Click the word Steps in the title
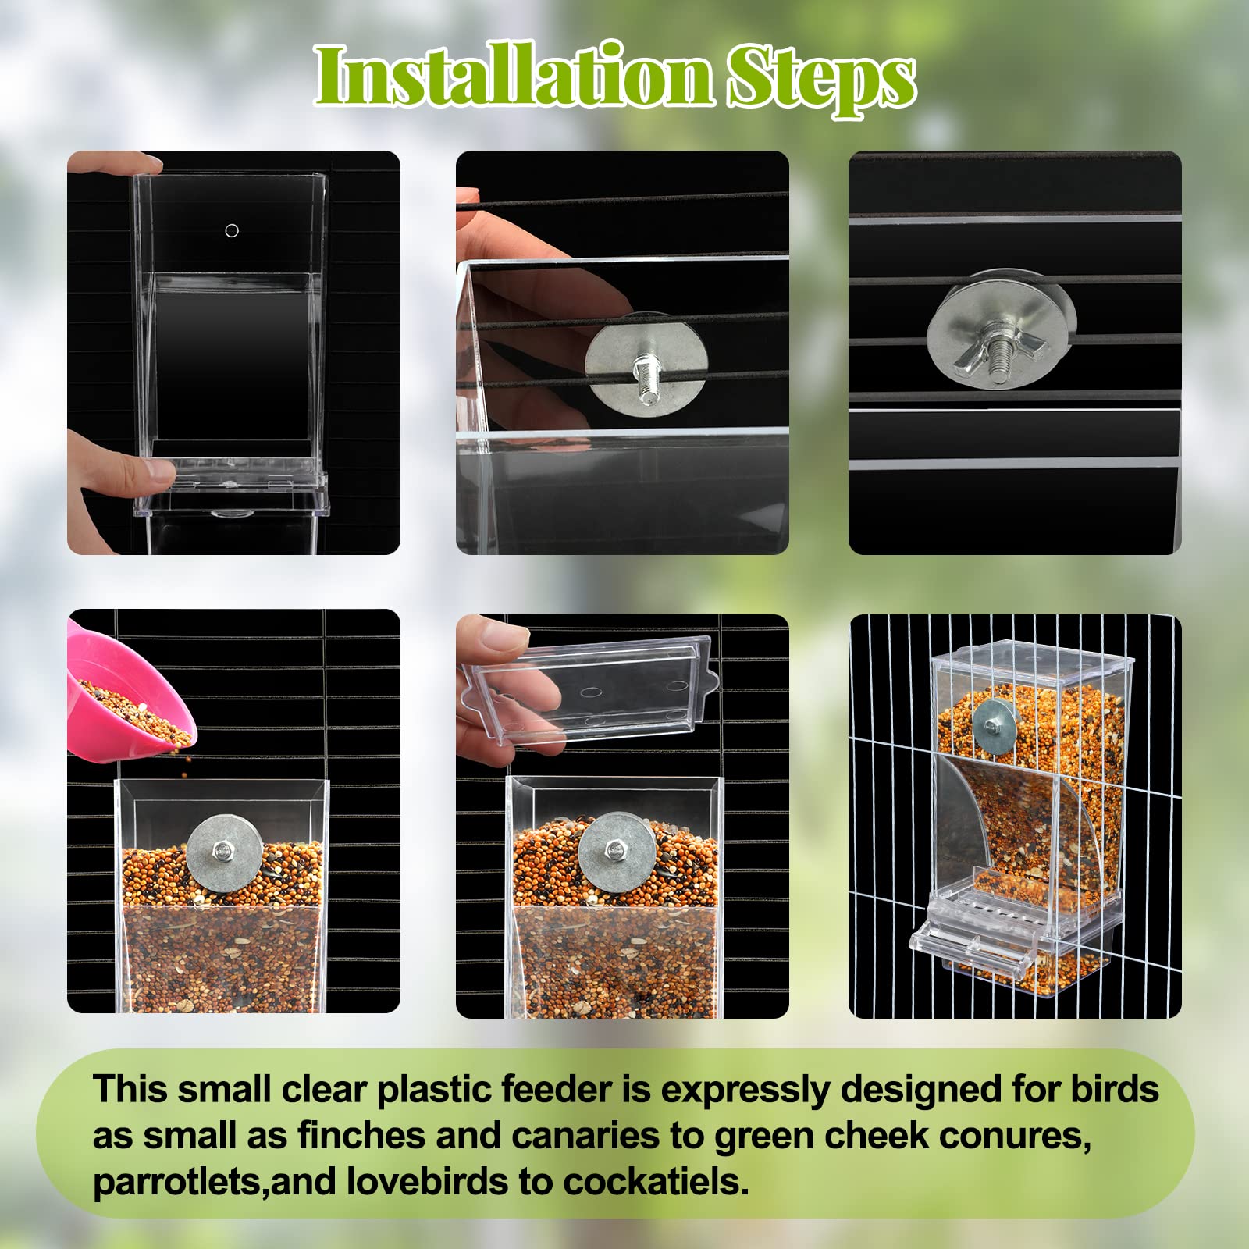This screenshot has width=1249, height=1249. tap(821, 78)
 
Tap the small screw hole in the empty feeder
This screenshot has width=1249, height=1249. tap(231, 230)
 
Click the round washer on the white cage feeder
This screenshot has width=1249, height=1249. tap(995, 726)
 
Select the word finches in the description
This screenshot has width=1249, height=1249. tap(360, 1136)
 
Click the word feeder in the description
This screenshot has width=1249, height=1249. tap(557, 1090)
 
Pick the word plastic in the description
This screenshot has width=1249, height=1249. tap(434, 1090)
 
